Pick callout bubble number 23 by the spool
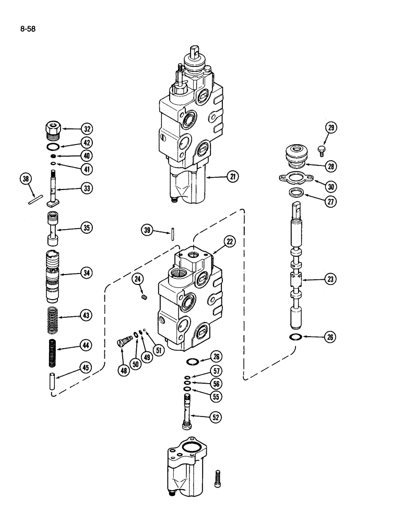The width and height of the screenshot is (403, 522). click(x=329, y=280)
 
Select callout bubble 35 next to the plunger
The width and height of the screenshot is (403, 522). click(x=86, y=228)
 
